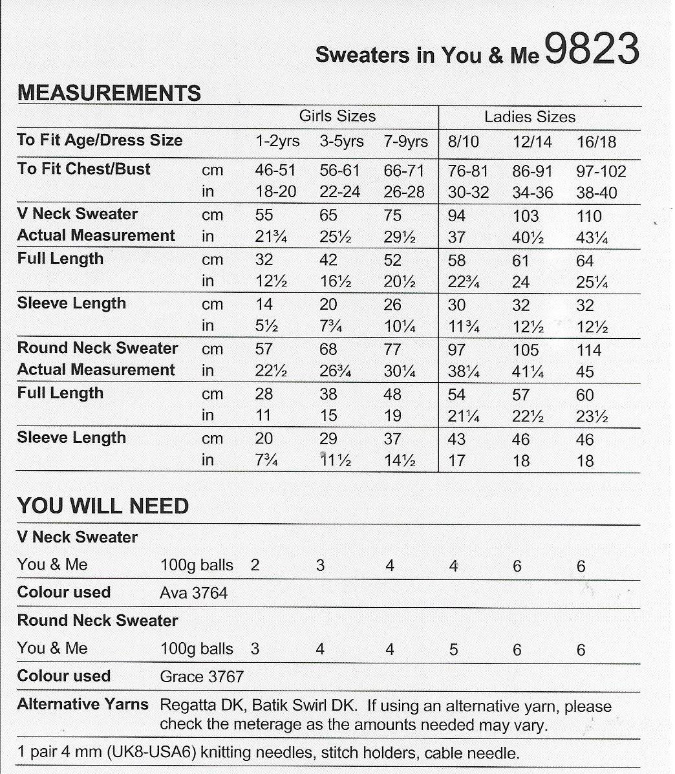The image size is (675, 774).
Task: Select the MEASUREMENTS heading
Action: coord(109,93)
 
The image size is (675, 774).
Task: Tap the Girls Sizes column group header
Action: coord(337,116)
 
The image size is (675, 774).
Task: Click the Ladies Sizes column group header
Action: coord(530,117)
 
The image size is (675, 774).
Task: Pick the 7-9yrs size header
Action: coord(405,142)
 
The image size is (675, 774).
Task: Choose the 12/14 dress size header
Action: coord(533,142)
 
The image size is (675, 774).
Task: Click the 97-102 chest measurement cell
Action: coord(601,171)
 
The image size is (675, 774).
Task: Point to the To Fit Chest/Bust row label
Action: coord(83,169)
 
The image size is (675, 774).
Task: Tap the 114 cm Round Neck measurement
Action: coord(588,350)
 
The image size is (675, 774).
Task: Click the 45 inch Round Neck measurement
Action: coord(584,372)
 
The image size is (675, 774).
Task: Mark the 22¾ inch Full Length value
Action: coord(464,282)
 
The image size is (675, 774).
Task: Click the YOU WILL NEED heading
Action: coord(103,506)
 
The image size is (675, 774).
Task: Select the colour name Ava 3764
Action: coord(194,593)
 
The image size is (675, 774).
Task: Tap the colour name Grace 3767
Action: coord(202,677)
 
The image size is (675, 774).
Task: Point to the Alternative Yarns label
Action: coord(83,704)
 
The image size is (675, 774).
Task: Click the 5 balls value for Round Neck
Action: coord(453,649)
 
